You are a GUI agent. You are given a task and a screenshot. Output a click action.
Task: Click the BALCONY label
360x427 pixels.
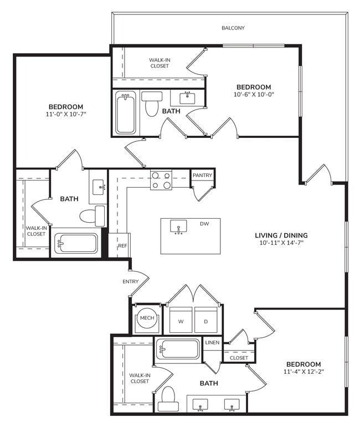233,28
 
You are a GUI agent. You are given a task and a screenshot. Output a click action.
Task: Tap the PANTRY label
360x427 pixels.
202,176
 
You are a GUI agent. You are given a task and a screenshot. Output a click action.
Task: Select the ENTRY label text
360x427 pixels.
130,282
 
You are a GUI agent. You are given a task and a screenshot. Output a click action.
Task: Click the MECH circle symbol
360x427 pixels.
147,318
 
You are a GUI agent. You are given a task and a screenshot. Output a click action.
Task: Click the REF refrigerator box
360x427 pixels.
122,245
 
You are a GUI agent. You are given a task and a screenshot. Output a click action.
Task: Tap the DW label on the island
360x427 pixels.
204,224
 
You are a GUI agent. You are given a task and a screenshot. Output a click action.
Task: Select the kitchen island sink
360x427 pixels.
178,227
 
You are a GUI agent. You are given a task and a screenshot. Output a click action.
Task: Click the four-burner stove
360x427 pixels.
161,180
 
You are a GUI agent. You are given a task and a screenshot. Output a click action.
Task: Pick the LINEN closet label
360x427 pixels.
213,343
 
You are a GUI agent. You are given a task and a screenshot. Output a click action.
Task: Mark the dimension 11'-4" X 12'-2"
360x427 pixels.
304,372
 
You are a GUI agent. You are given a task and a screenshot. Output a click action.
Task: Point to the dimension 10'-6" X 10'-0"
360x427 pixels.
254,94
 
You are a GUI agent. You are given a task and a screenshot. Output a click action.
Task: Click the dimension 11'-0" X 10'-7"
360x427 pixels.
66,114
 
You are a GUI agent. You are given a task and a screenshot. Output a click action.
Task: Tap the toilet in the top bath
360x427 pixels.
151,105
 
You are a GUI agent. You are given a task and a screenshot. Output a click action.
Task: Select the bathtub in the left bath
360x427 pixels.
76,243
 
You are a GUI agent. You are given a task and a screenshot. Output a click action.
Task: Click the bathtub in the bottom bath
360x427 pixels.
178,349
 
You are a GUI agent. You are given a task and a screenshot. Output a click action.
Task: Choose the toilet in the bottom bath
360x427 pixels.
167,398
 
